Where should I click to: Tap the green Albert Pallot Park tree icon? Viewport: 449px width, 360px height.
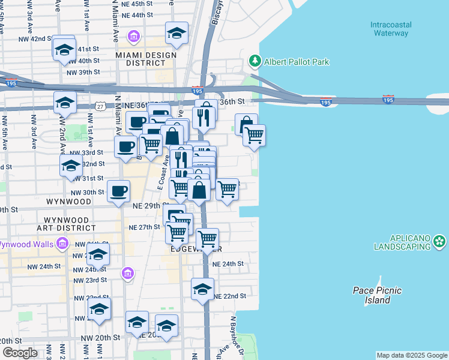pyautogui.click(x=255, y=61)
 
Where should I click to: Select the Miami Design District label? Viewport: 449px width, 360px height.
pyautogui.click(x=146, y=59)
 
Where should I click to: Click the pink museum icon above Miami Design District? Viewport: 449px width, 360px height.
pyautogui.click(x=134, y=38)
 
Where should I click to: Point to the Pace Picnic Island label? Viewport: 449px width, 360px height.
pyautogui.click(x=377, y=295)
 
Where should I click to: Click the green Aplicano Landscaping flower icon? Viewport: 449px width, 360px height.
pyautogui.click(x=440, y=242)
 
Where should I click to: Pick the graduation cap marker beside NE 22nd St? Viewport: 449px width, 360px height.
pyautogui.click(x=203, y=289)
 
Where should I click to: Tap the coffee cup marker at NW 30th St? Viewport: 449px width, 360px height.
pyautogui.click(x=118, y=191)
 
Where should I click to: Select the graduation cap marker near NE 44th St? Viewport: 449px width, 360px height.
pyautogui.click(x=176, y=33)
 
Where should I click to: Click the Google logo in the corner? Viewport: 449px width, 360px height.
pyautogui.click(x=20, y=353)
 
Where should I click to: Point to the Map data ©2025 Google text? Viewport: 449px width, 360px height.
pyautogui.click(x=411, y=355)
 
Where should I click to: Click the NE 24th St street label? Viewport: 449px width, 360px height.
pyautogui.click(x=228, y=263)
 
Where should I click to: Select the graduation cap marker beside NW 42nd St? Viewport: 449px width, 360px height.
pyautogui.click(x=64, y=50)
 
